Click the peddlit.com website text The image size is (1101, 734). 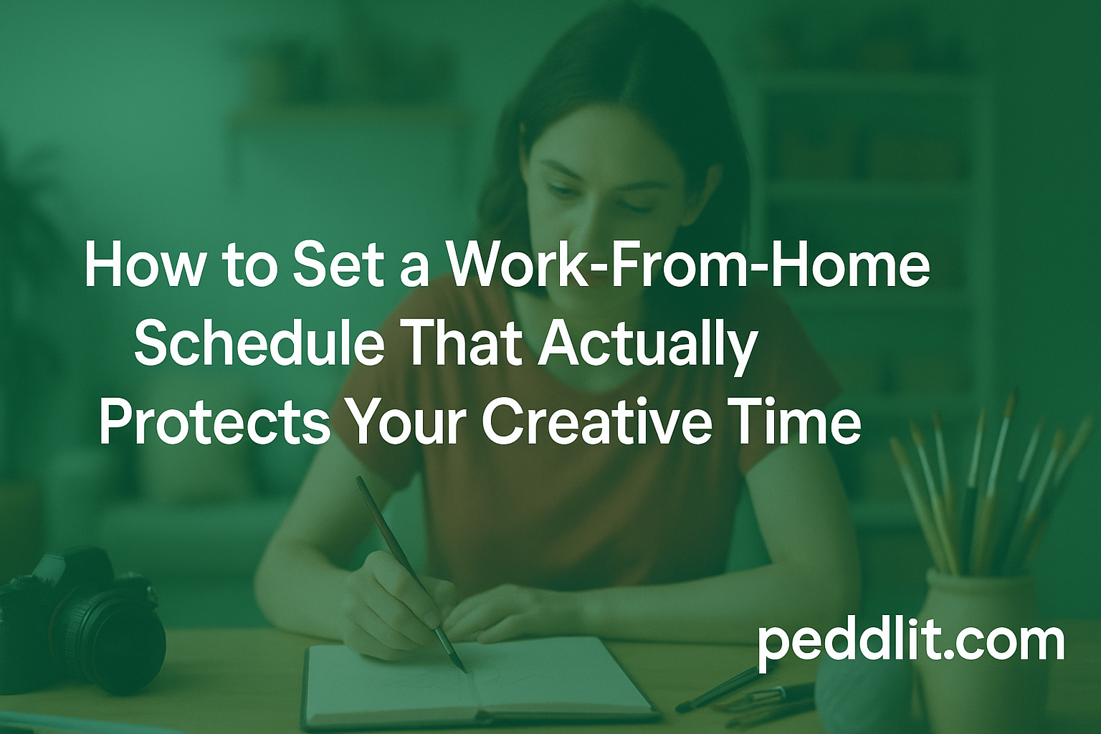[x=910, y=642]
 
